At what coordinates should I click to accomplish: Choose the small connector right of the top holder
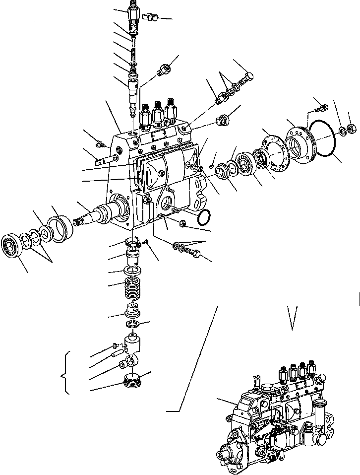pyautogui.click(x=150, y=18)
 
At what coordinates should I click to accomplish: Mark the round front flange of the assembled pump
pyautogui.click(x=232, y=454)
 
